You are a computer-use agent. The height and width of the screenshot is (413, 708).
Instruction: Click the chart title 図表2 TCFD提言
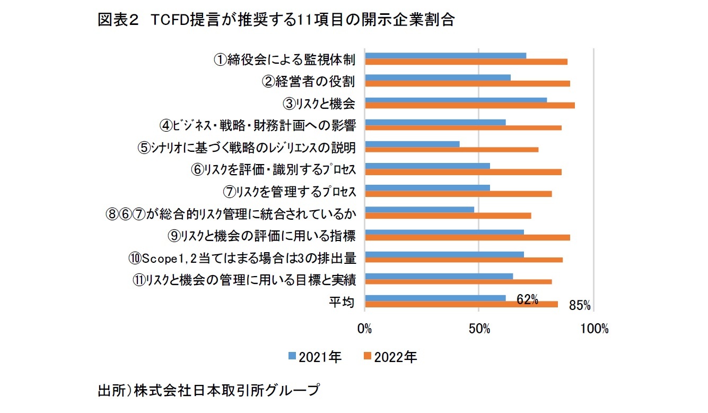(276, 20)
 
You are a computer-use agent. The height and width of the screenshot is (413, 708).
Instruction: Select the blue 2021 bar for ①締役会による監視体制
(445, 56)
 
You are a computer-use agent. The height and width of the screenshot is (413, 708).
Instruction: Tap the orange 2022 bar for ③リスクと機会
(470, 105)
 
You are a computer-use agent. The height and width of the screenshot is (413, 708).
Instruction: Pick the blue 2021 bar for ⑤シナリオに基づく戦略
(412, 144)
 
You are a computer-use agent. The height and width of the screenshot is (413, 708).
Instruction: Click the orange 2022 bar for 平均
(461, 304)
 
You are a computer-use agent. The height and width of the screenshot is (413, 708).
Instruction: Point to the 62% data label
(527, 300)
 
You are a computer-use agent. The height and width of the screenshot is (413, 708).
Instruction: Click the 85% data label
(580, 306)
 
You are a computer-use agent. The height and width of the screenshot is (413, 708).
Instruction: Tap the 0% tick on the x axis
(365, 329)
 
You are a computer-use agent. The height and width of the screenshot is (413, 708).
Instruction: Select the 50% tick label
(479, 329)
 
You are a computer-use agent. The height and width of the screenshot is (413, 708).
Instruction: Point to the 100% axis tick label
(595, 329)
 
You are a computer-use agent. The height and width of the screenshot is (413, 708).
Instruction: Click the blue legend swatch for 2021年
(292, 357)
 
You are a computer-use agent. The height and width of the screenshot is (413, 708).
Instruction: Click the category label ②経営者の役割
(309, 81)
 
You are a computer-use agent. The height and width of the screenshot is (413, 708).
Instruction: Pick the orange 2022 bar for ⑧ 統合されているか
(448, 216)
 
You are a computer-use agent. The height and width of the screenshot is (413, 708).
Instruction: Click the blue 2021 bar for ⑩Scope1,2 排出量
(444, 254)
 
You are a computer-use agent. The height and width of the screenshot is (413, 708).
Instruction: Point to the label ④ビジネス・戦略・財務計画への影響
(257, 125)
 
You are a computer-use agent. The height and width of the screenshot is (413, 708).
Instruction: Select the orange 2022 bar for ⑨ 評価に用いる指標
(468, 237)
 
